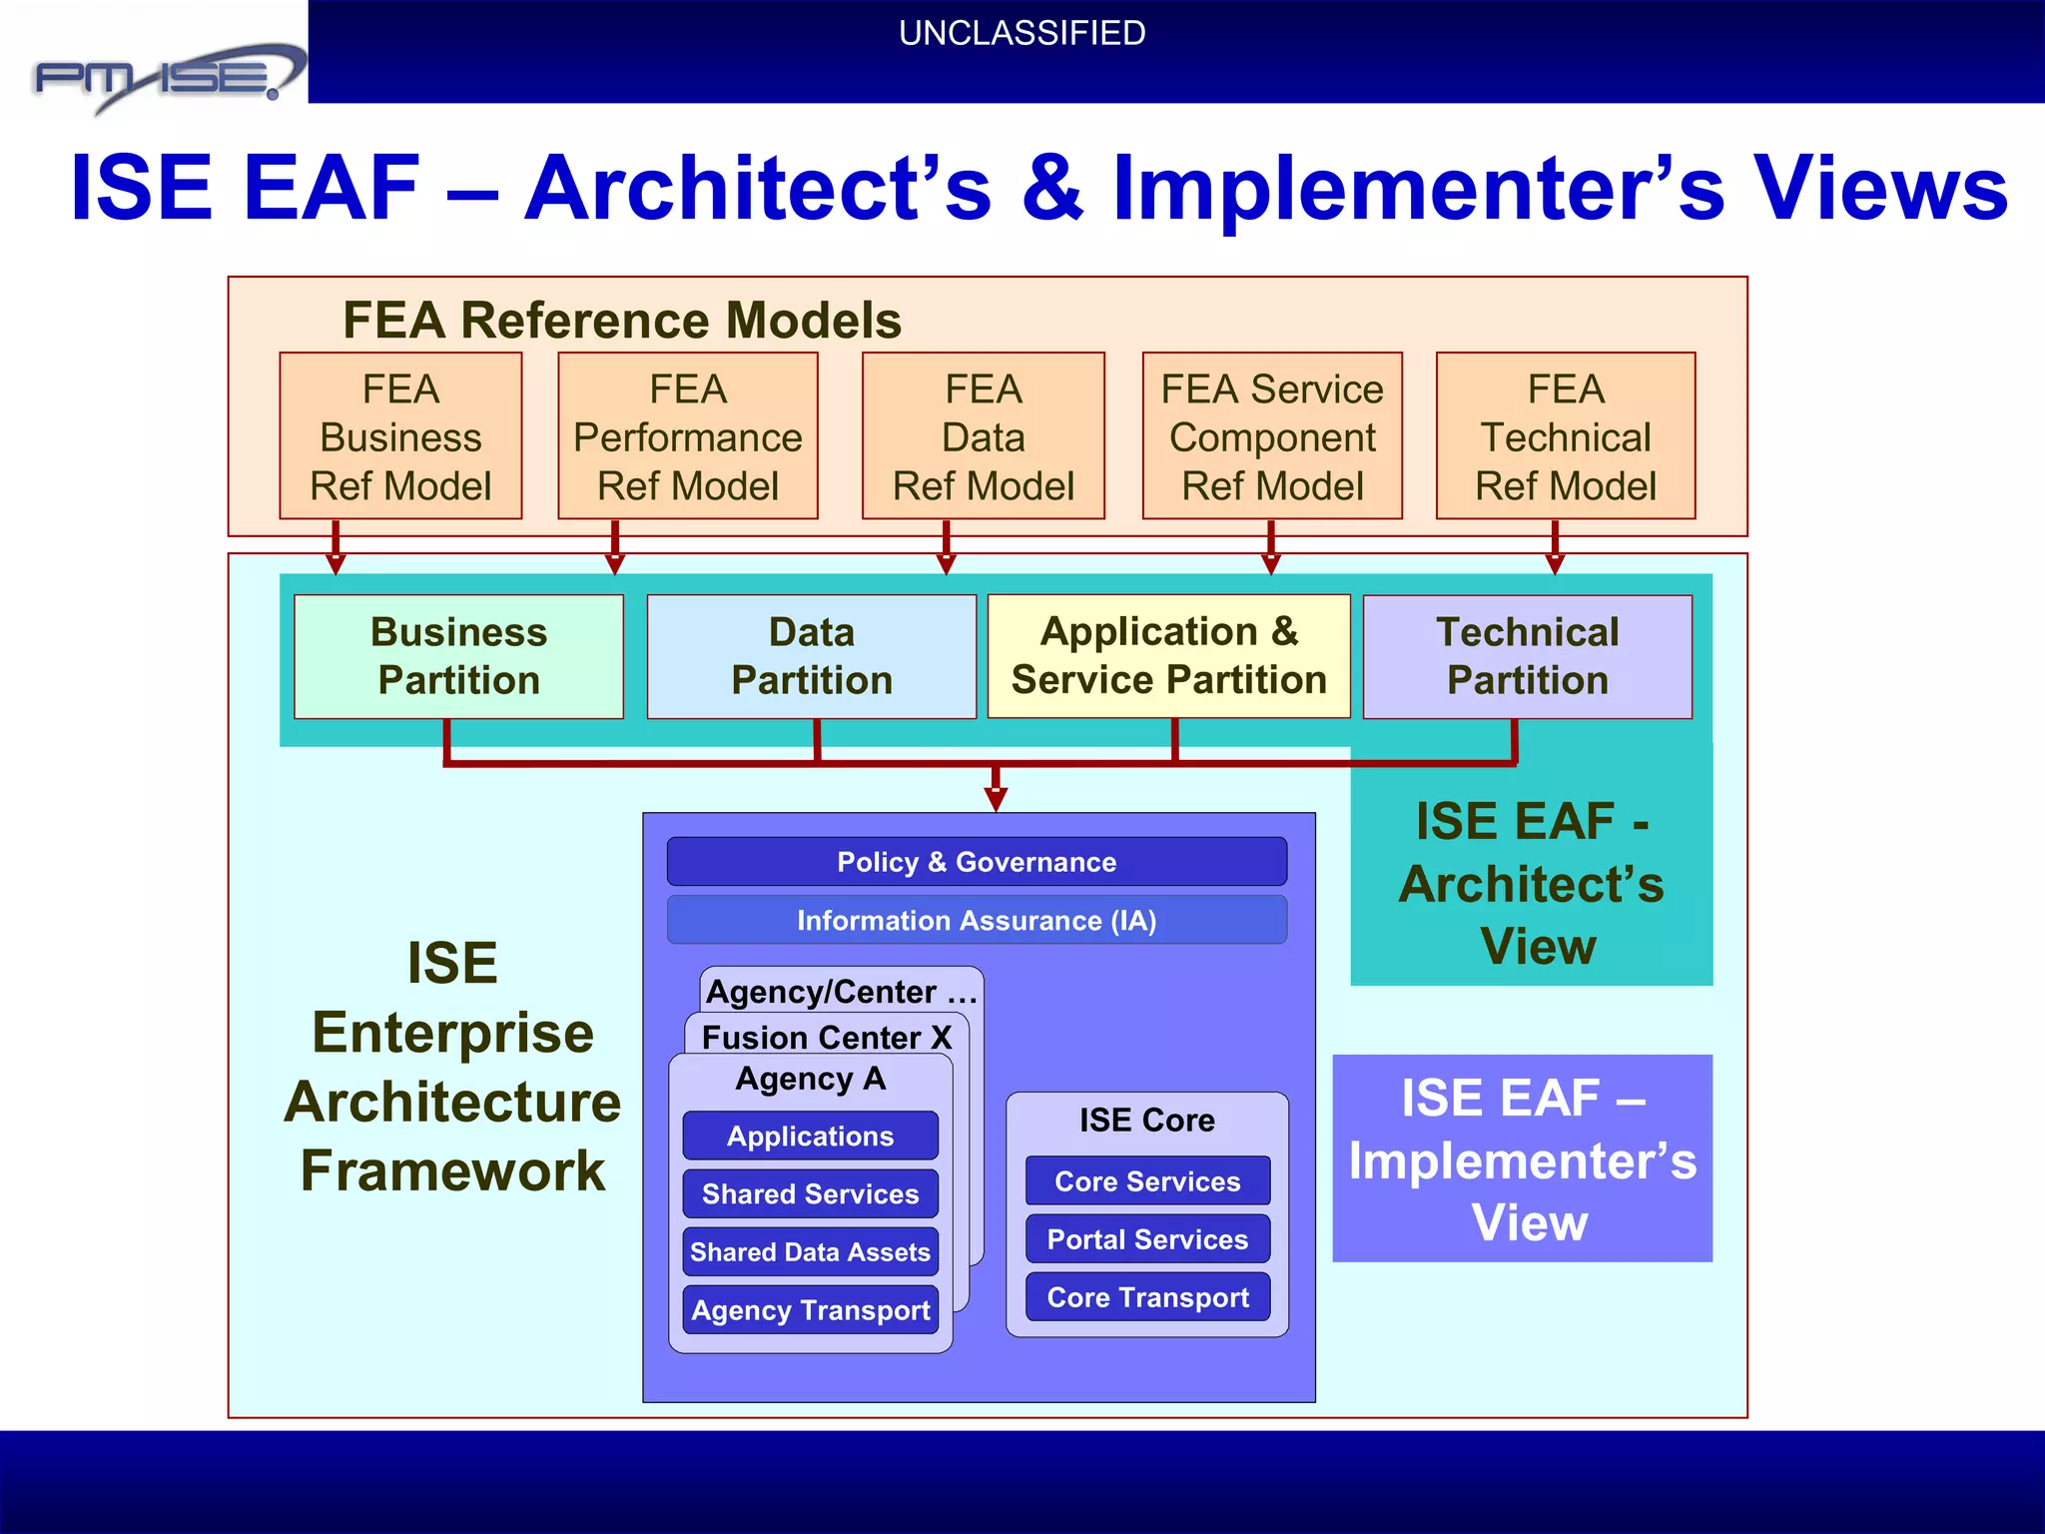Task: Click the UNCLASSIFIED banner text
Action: [x=1022, y=34]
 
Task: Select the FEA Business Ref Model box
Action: [x=400, y=436]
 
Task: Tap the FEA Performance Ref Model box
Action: [x=687, y=436]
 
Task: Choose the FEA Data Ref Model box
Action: [x=983, y=436]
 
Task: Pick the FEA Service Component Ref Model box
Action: [x=1272, y=436]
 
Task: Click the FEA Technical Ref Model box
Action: [x=1565, y=436]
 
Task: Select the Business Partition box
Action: [x=458, y=656]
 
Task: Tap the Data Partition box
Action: [x=811, y=656]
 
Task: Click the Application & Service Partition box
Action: [x=1168, y=656]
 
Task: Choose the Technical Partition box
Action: [x=1527, y=656]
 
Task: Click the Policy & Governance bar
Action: [x=977, y=862]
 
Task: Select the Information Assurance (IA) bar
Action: [x=977, y=920]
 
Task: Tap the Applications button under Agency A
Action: [x=810, y=1136]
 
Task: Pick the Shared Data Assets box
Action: [x=810, y=1251]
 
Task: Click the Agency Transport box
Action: [x=810, y=1309]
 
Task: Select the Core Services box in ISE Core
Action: [x=1147, y=1181]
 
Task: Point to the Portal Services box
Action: [x=1147, y=1239]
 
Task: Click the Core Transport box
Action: [x=1147, y=1297]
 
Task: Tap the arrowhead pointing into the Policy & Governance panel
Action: [x=996, y=799]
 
